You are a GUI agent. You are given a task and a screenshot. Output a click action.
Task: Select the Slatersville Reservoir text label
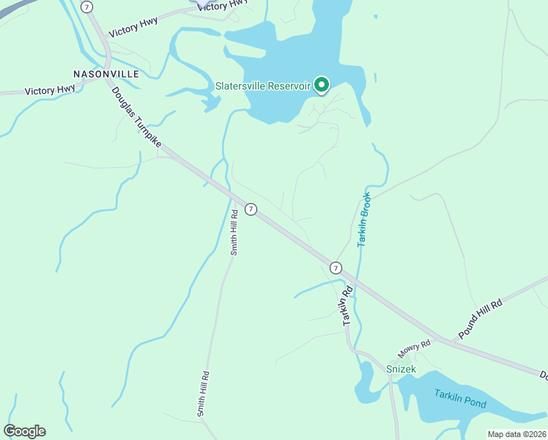264,86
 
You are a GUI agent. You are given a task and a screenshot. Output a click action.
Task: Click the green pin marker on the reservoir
322,85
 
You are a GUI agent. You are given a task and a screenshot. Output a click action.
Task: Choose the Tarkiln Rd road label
348,304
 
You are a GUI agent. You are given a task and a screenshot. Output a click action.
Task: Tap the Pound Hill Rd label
480,319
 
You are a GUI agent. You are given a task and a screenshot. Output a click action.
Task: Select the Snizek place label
401,369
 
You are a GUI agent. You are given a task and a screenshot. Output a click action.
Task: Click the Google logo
24,431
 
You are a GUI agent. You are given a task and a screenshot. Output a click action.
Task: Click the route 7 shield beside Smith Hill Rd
251,209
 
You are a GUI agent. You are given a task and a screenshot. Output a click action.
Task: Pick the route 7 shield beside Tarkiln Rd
336,268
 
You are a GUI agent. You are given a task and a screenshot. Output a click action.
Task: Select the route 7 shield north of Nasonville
88,7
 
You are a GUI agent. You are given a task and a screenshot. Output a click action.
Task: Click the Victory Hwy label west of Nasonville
50,90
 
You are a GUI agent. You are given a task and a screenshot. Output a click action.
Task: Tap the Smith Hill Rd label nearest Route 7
234,232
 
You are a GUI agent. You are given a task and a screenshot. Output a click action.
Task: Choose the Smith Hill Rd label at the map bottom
204,394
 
